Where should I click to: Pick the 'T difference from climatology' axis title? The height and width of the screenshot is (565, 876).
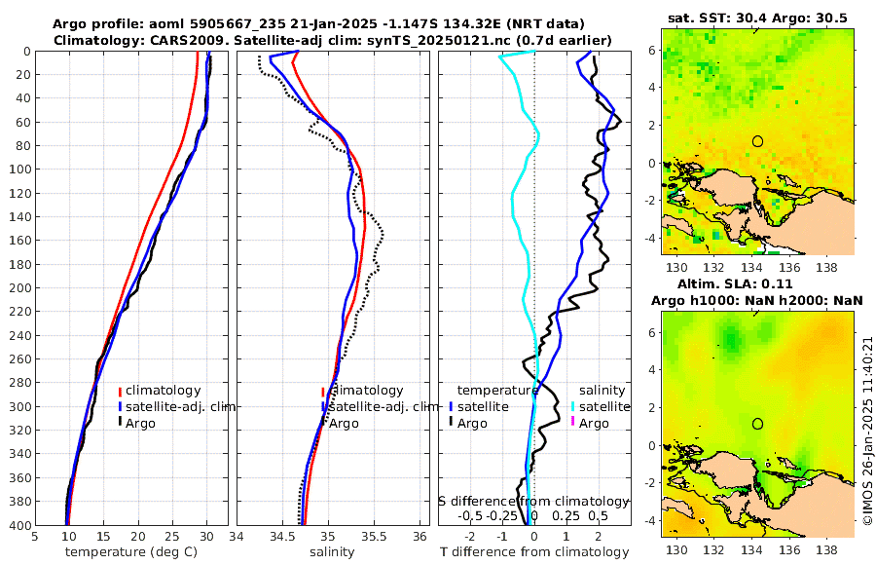[533, 552]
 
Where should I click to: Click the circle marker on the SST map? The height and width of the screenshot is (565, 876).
[757, 141]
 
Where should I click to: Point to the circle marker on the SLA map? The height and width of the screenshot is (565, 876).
[757, 424]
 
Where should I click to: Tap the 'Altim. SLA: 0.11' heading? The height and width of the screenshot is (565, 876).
[758, 283]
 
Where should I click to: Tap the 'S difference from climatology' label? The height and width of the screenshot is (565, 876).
[533, 501]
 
